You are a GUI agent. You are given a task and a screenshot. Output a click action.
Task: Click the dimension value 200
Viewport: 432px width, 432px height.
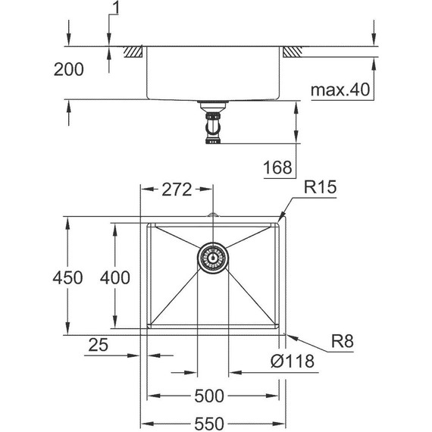point(68,70)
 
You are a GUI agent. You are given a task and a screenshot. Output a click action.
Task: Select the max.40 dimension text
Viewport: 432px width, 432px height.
point(339,91)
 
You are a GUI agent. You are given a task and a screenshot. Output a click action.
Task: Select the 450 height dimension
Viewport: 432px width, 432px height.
point(68,278)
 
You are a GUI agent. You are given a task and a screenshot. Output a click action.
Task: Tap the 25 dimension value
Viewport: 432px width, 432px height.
point(98,345)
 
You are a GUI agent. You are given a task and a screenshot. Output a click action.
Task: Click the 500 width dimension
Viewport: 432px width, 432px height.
point(210,396)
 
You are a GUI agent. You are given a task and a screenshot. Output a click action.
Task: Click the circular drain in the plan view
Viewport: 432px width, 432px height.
point(213,257)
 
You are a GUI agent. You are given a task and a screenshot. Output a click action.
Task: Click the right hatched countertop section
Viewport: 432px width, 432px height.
point(292,52)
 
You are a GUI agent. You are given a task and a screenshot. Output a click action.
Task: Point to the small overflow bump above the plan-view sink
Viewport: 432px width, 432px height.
point(213,218)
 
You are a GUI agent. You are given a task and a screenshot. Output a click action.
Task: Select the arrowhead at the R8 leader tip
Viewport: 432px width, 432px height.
point(284,333)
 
